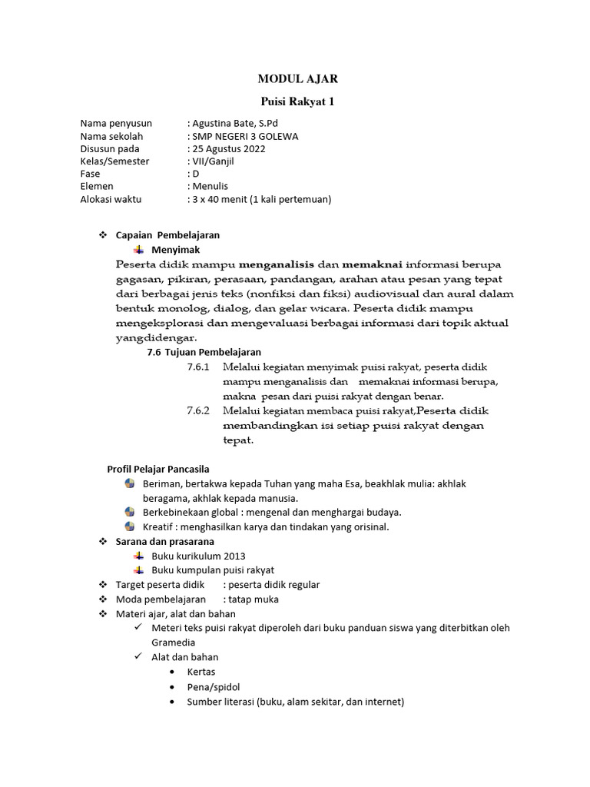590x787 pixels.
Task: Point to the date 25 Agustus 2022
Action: [229, 149]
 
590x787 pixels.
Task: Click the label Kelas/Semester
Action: [115, 161]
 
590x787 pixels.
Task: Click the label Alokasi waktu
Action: [111, 199]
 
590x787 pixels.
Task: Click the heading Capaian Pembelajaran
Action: [167, 235]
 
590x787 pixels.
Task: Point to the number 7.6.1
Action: [198, 367]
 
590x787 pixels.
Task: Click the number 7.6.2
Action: [198, 410]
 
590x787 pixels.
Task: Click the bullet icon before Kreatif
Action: [129, 526]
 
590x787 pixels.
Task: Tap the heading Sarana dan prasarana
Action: [164, 541]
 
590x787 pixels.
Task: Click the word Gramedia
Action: [173, 642]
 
